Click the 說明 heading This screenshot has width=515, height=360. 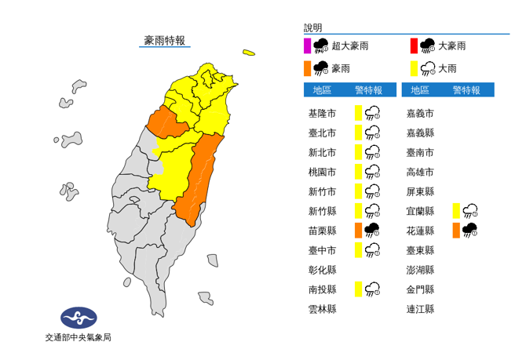(x=312, y=27)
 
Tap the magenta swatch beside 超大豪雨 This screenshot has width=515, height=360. (x=307, y=45)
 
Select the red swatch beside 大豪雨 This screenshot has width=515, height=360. (x=413, y=45)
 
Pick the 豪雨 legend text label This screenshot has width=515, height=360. (x=342, y=68)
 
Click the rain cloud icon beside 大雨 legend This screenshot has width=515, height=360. (x=429, y=68)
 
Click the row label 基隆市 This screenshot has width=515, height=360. (x=322, y=114)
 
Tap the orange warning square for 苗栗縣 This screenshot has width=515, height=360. (x=358, y=230)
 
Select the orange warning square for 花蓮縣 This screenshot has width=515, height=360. (x=456, y=230)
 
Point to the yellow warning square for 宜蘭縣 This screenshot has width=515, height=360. (x=456, y=210)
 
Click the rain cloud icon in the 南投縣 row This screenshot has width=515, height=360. (x=373, y=289)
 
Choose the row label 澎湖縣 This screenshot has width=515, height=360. (x=420, y=270)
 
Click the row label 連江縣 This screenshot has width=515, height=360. (x=420, y=309)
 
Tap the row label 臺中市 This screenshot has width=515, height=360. (x=322, y=250)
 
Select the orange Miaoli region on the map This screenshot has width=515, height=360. (x=167, y=122)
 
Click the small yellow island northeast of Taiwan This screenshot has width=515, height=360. (x=248, y=53)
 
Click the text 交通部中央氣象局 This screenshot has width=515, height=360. (x=78, y=337)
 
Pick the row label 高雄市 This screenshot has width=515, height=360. (x=420, y=172)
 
